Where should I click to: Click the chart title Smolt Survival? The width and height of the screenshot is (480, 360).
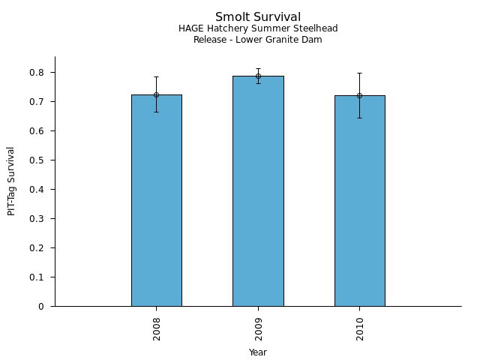[258, 17]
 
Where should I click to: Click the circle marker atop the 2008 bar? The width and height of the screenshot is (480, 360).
[156, 94]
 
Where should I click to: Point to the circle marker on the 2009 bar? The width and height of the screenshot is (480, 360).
[258, 76]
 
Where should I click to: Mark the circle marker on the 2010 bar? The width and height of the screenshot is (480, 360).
[359, 95]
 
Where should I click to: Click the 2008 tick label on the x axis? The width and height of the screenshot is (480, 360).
[156, 328]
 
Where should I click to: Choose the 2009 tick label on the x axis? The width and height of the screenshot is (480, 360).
[258, 328]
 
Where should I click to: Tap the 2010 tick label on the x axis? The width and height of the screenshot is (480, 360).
[360, 328]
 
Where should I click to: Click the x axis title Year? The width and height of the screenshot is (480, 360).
[258, 352]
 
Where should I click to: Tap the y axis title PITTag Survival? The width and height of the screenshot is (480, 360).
[11, 181]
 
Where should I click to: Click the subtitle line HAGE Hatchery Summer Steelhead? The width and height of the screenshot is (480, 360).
[258, 28]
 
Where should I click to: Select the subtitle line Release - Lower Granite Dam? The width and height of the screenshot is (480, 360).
[258, 40]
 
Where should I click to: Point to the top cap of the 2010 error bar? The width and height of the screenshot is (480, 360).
[359, 73]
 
